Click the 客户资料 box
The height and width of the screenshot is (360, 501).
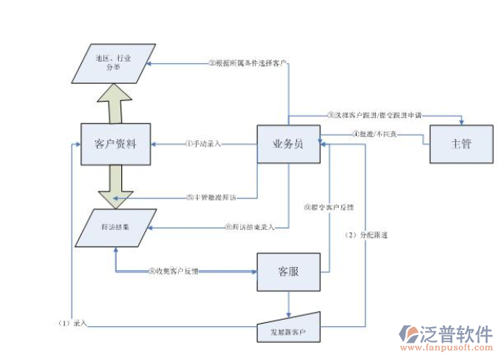click(x=115, y=144)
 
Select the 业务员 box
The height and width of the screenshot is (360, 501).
click(x=289, y=144)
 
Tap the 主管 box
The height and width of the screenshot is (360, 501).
click(x=461, y=144)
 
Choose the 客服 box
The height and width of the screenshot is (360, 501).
click(x=288, y=272)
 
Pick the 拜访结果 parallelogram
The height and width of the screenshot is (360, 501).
click(x=115, y=227)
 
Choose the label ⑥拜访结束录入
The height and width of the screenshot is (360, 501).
click(x=249, y=228)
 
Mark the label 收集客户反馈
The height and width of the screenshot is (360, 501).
click(x=173, y=272)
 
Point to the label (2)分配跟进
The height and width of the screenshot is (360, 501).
click(x=367, y=235)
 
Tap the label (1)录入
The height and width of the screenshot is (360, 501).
click(x=72, y=323)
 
